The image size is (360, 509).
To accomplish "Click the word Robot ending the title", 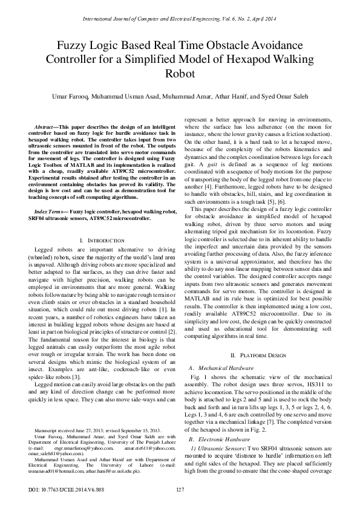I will (x=180, y=74).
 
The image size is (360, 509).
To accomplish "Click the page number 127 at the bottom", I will (x=180, y=489).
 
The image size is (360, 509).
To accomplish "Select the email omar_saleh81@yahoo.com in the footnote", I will (x=54, y=453).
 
